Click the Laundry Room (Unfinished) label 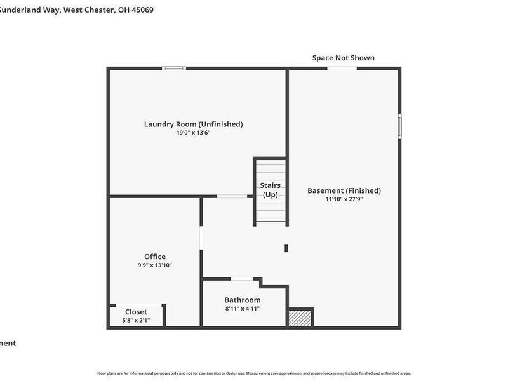(193, 124)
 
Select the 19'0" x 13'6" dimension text (193, 133)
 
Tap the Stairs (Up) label (271, 190)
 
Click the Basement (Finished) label (344, 190)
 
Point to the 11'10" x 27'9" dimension (344, 199)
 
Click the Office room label (155, 257)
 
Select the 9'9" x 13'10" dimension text (155, 265)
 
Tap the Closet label (136, 312)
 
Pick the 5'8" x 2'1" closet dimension (136, 321)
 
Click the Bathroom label (242, 300)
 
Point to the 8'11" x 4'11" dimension (242, 309)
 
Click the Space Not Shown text (343, 58)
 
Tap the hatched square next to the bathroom (300, 317)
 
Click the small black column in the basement (286, 248)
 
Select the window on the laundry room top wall (174, 68)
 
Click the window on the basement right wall (400, 126)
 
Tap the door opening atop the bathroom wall (241, 279)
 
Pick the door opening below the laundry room (232, 196)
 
